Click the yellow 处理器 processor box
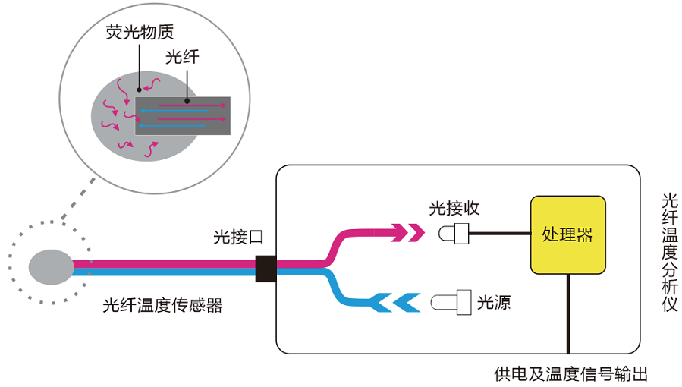567,234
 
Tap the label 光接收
454,208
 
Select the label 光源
493,303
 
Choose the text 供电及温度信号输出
570,374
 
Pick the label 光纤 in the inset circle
181,57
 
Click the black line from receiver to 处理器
500,234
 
